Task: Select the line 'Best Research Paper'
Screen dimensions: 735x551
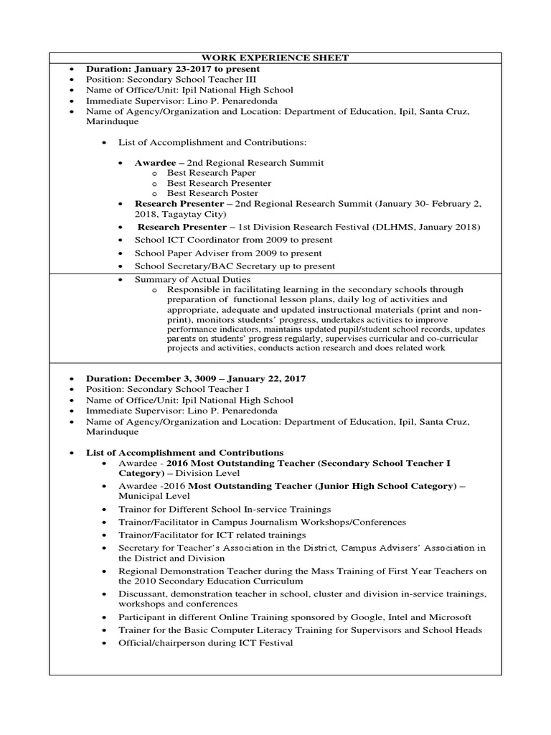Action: point(211,173)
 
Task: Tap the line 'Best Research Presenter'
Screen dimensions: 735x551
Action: point(219,183)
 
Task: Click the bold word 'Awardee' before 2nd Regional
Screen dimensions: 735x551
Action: point(155,163)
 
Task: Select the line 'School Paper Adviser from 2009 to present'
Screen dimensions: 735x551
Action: point(228,253)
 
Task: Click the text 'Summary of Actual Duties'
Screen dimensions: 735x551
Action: point(192,278)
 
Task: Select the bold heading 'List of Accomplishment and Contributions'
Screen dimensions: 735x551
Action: point(184,453)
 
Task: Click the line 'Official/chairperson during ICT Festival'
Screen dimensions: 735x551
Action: point(207,642)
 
